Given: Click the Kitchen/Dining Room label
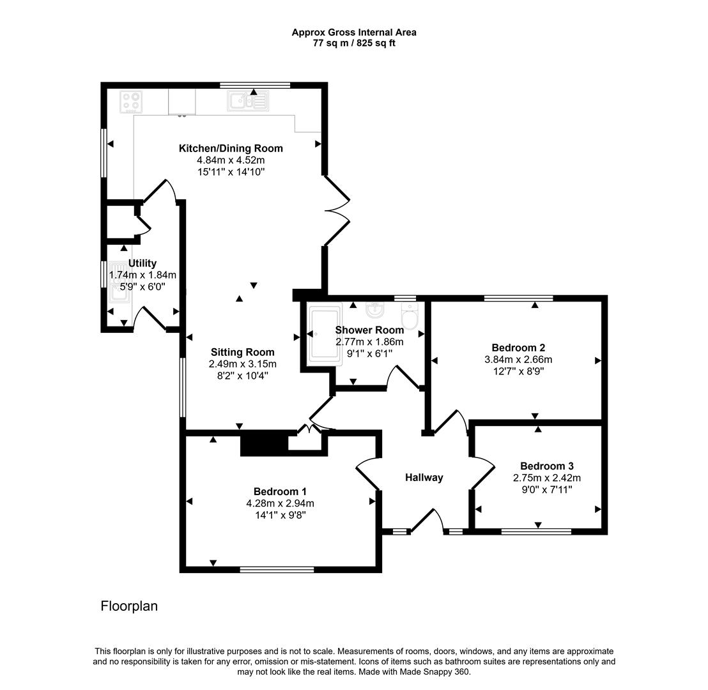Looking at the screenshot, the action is (x=231, y=148).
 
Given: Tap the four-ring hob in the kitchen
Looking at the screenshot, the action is (x=132, y=102).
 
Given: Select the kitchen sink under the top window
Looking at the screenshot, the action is (x=249, y=101).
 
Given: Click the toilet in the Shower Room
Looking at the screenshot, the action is (x=410, y=316).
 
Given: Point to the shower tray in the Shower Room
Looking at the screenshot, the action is (x=324, y=333).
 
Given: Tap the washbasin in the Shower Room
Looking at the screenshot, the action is (x=376, y=310).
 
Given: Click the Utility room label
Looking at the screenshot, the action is (x=142, y=263).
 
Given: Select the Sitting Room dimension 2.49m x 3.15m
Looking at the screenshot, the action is (x=243, y=364).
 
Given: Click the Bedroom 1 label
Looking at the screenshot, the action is (x=280, y=491).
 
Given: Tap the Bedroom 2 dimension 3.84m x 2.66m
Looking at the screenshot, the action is (x=518, y=360).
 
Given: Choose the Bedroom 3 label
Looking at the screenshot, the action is (x=547, y=466).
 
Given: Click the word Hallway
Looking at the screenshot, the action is (x=424, y=477).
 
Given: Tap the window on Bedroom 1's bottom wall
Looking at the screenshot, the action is (x=277, y=569).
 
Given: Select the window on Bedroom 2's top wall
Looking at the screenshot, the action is (x=518, y=298).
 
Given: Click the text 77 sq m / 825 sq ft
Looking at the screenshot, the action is (x=354, y=43).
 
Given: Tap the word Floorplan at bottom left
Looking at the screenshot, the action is (x=129, y=606).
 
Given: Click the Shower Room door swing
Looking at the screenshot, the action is (x=403, y=377).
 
